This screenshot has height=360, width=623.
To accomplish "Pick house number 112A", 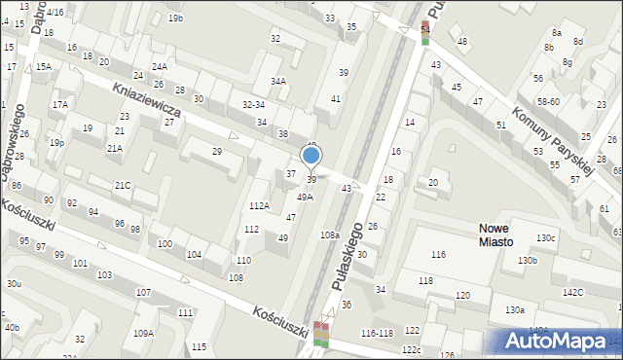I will coord(259,205).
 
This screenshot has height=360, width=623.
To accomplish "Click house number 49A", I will coord(305,197).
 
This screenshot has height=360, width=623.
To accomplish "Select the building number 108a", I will coord(329,235).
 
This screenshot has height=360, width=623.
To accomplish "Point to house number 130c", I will coord(545,238).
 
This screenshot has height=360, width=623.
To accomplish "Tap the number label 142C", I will coord(572,292).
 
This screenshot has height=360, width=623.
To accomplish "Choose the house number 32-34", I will coord(253,104).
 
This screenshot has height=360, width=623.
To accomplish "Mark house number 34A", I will coord(278,82).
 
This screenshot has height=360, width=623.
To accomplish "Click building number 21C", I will coord(122,185).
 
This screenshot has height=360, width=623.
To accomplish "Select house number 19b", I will coord(175,18).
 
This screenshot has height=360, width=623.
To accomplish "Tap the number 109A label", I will coord(143,333).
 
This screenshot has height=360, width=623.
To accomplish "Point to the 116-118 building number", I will coord(376,333).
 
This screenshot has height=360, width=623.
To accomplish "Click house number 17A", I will coord(60,104).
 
